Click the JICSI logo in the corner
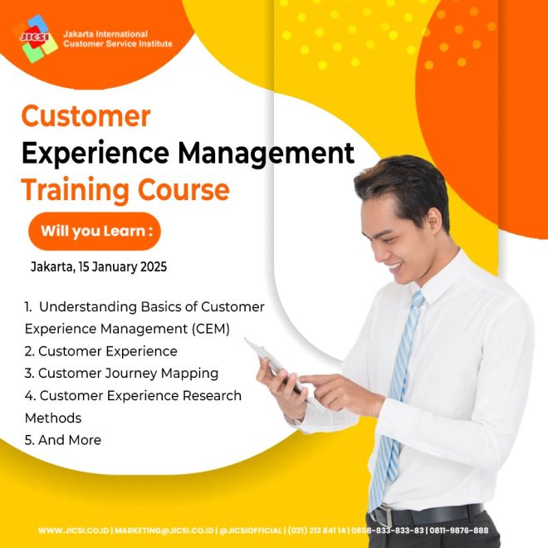36,38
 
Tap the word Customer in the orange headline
86,116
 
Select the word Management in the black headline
266,153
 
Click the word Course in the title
183,189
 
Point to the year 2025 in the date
154,267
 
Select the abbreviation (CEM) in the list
210,329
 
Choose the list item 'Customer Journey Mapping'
121,374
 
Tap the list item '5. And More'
63,440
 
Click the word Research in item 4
212,395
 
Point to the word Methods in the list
53,418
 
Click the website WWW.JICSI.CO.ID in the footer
73,531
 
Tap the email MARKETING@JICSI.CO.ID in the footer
164,531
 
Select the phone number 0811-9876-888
458,531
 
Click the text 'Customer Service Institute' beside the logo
118,44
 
